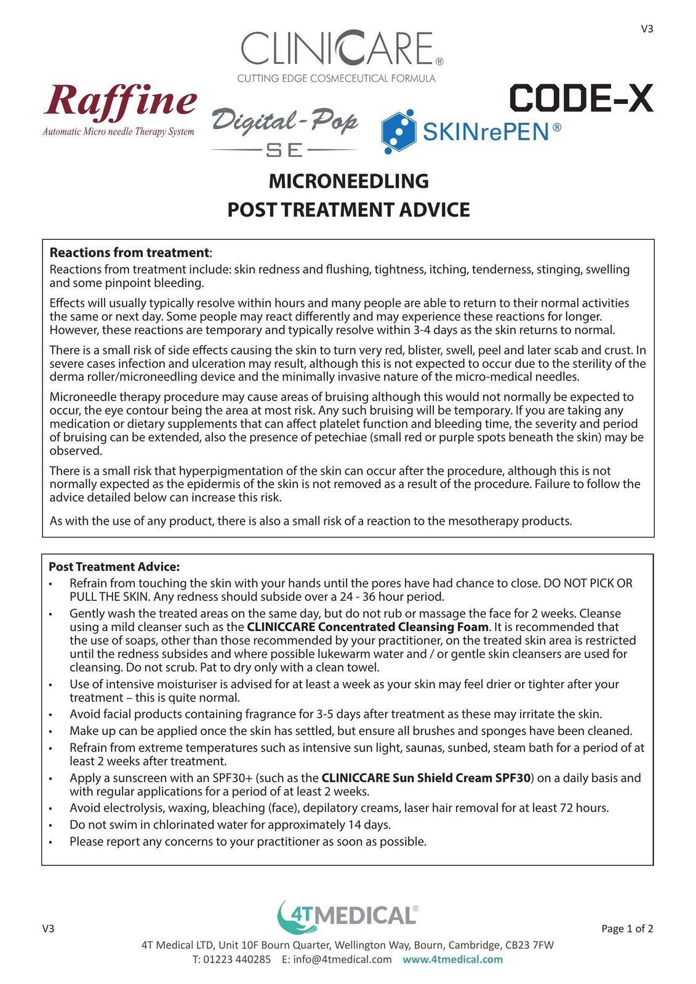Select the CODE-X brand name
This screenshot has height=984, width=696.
581,98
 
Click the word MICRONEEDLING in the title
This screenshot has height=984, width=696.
348,181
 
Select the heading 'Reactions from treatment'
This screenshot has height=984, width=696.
129,253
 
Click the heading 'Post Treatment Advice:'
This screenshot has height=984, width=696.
114,566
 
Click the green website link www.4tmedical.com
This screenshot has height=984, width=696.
452,959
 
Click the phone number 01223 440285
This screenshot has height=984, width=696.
237,959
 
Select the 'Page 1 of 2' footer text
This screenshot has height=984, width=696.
627,929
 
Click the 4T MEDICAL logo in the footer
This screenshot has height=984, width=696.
348,915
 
